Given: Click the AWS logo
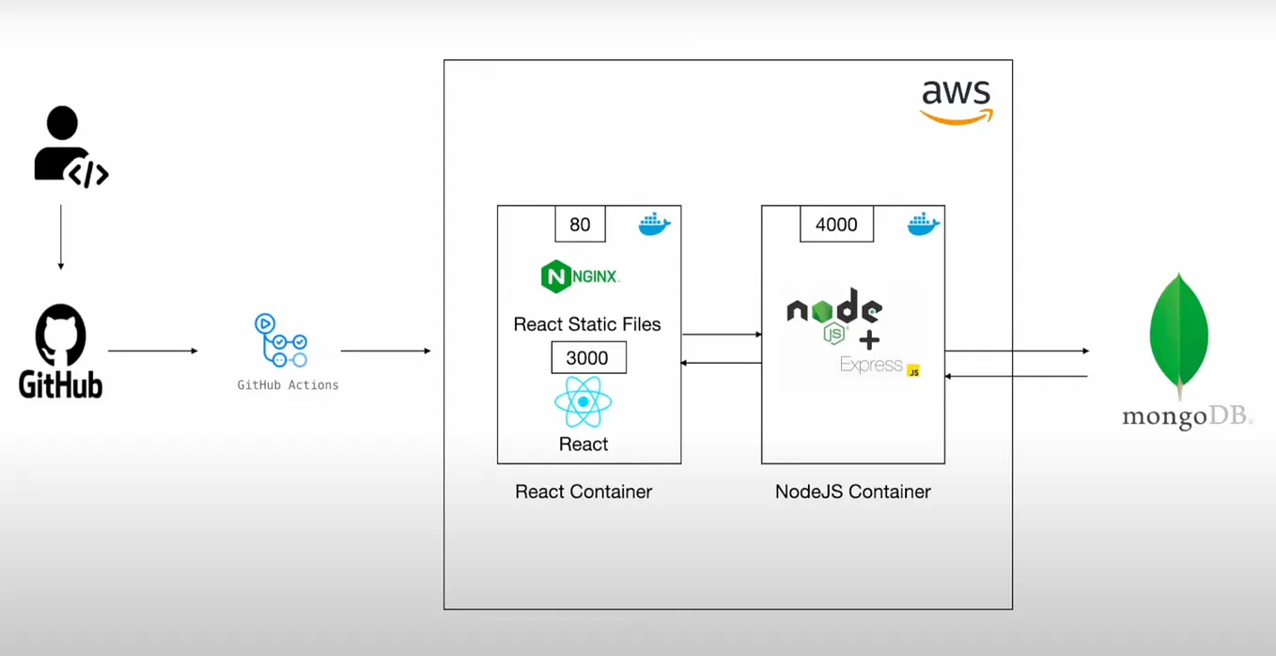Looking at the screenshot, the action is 957,102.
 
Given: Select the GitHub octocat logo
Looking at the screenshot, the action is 60,335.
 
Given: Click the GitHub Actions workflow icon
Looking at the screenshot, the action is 281,340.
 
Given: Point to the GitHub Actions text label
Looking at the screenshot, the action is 288,385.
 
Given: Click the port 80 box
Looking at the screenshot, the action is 581,224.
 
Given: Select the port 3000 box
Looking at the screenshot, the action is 588,357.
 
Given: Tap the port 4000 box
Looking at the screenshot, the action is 836,224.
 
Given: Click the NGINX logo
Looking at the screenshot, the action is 581,276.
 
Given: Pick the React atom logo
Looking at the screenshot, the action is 583,402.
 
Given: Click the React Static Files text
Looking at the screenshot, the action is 587,324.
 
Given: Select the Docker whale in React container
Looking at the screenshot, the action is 655,224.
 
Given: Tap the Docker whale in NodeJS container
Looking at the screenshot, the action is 924,224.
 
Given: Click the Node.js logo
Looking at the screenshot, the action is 834,315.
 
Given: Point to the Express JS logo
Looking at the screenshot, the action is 880,366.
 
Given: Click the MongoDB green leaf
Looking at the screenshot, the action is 1179,336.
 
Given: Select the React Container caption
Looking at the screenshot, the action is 584,492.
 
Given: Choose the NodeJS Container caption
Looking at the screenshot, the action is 853,492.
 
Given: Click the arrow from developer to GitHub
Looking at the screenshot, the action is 61,237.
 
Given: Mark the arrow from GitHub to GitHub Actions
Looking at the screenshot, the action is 152,351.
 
